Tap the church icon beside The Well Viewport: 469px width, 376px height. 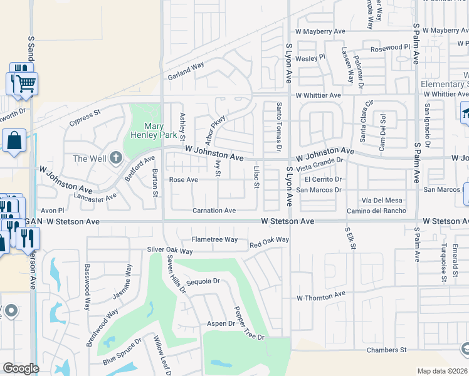(115, 158)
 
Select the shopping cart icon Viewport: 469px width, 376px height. (26, 83)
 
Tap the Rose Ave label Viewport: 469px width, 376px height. (184, 180)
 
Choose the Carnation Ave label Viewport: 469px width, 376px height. (214, 211)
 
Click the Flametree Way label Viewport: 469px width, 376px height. (214, 239)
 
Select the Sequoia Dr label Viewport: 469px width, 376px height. (204, 281)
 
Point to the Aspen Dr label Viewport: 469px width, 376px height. (221, 324)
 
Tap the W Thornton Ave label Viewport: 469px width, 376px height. (321, 295)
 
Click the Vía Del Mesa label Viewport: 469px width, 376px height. (382, 201)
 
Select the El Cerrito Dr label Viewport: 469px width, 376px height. (323, 179)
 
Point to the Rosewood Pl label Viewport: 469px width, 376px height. (390, 48)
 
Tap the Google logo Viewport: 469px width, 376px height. (21, 368)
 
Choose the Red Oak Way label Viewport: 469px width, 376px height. (269, 240)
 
